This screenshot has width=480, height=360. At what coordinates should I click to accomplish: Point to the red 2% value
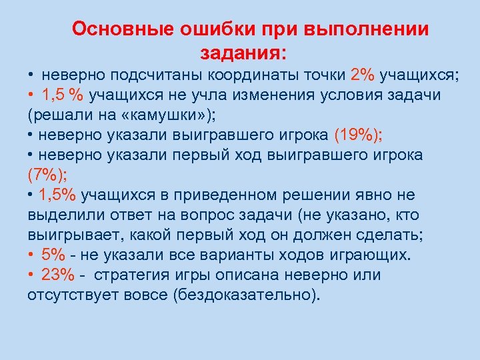(363, 75)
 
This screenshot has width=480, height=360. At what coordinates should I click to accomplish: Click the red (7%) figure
(46, 175)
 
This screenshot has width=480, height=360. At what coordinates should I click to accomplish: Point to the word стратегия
(133, 275)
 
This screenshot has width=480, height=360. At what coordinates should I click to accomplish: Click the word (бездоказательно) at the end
(246, 295)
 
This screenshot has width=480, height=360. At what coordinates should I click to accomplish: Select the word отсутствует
(72, 295)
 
